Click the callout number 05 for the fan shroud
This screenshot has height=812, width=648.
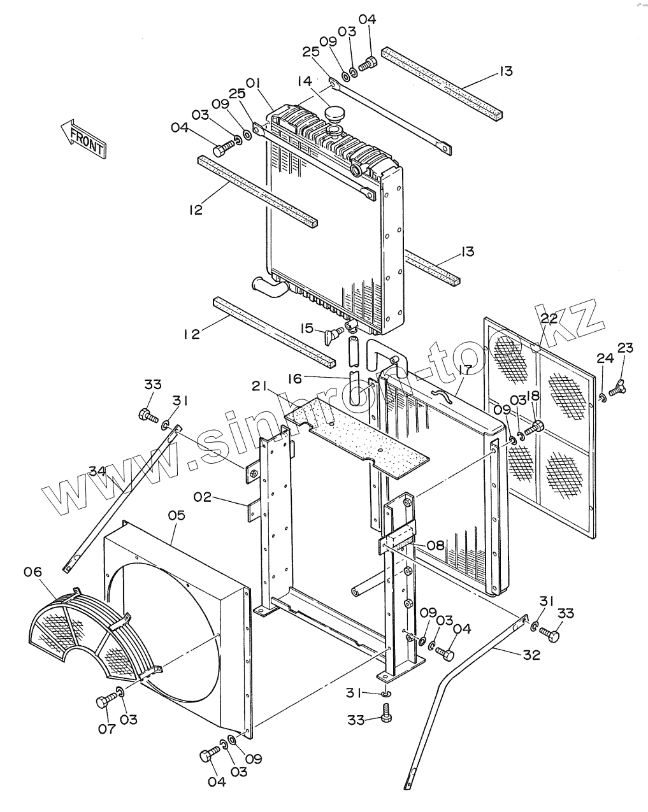(x=176, y=515)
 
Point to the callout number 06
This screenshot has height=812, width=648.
(x=33, y=572)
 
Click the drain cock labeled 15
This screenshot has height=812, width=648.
(x=333, y=334)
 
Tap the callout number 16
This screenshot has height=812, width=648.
(x=295, y=379)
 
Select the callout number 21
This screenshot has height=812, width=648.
(x=259, y=387)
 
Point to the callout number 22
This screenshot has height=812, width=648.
(x=549, y=318)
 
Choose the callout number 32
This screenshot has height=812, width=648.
(x=531, y=654)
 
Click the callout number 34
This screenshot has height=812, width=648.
(x=97, y=471)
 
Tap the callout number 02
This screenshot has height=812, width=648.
(x=203, y=496)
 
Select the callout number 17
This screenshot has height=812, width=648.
(x=464, y=370)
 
